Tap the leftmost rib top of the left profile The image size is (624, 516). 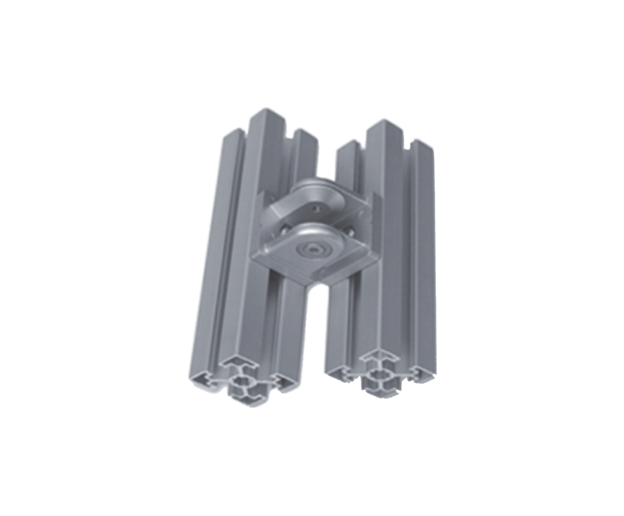click(x=234, y=132)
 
